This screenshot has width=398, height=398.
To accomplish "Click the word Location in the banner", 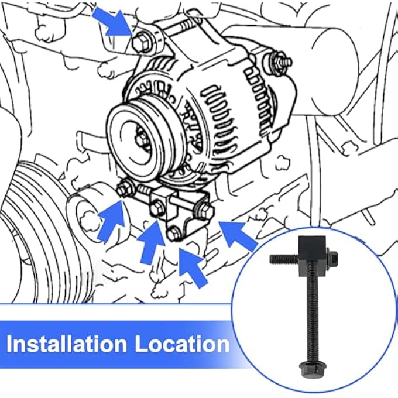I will pos(182,344).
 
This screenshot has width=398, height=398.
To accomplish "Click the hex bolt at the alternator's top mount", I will pos(140,44).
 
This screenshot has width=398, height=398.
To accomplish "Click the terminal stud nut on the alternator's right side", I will pos(278,61).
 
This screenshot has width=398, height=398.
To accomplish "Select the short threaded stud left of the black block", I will pos(283,258).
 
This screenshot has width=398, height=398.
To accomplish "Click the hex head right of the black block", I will pos(331,256).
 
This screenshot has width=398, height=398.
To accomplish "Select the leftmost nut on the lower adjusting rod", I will pos(124,189).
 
